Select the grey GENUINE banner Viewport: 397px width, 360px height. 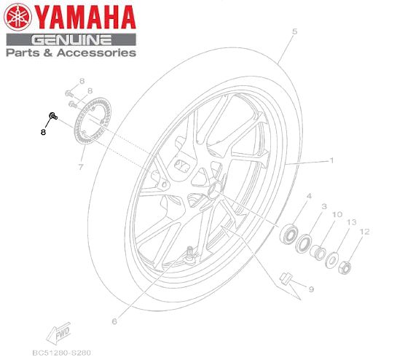tap(71, 39)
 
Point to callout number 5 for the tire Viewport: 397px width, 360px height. tap(295, 32)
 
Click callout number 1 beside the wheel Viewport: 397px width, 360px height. tap(331, 160)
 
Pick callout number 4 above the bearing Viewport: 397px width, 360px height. tap(308, 197)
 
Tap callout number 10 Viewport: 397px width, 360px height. tap(336, 215)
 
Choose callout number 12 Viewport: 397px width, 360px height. tap(365, 232)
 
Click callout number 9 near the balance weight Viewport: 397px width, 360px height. tap(310, 289)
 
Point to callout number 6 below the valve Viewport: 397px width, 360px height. tap(114, 321)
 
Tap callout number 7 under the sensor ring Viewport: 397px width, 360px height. tap(81, 167)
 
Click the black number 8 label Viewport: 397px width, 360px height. tap(43, 132)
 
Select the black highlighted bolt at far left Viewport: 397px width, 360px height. tap(52, 116)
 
